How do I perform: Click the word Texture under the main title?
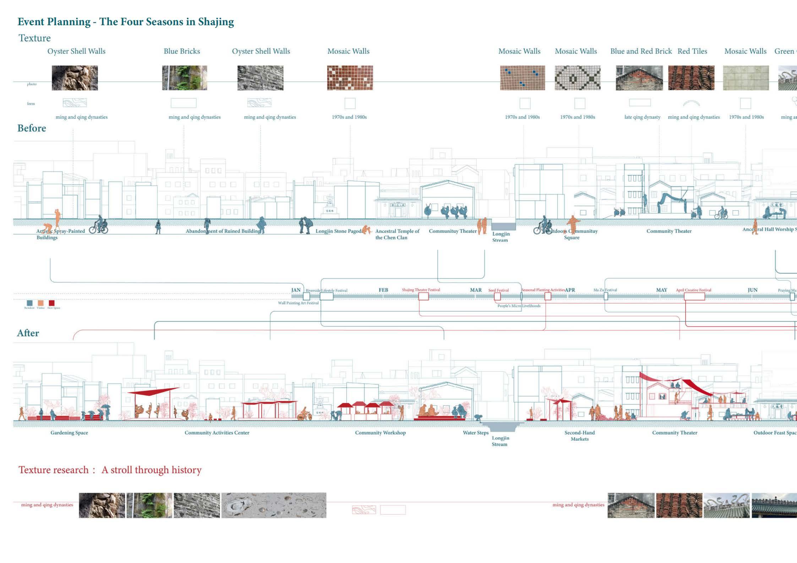pos(34,38)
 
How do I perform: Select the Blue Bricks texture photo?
pos(184,78)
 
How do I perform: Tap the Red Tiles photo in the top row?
pos(691,78)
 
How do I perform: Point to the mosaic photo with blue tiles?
pos(522,78)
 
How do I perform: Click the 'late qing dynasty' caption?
pos(642,117)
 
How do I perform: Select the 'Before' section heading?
pos(32,128)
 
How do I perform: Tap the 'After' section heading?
pos(28,333)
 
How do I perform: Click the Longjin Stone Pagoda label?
pos(339,231)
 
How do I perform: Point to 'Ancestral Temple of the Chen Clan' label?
pos(397,234)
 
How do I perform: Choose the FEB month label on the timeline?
pos(383,290)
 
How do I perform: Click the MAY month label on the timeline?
pos(661,290)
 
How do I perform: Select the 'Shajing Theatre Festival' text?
pos(421,290)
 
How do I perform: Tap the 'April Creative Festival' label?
pos(693,290)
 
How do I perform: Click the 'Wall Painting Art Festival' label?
pos(298,303)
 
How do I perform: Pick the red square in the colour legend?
pos(52,303)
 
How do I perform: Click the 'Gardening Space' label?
pos(69,432)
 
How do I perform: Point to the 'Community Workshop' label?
pos(380,432)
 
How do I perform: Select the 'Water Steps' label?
pos(475,432)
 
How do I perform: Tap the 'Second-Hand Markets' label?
pos(579,436)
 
